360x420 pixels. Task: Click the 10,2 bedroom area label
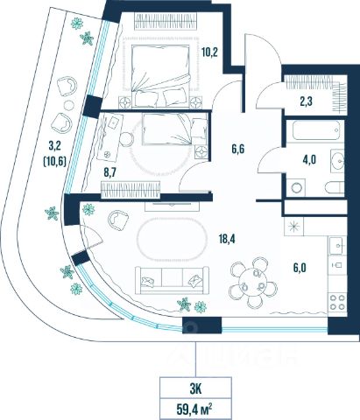coord(209,52)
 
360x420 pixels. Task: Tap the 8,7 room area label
coord(110,172)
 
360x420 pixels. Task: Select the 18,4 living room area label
coord(227,239)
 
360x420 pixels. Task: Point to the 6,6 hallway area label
coord(237,150)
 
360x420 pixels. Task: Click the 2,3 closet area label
coord(306,101)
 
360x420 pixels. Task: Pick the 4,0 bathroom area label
coord(309,160)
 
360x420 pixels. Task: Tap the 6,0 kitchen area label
coord(300,268)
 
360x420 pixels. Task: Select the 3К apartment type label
coord(195,389)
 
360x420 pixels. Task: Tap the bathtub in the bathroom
coord(316,131)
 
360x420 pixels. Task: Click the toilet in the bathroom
coord(335,187)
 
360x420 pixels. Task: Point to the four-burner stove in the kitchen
coord(337,302)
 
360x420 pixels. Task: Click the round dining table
coord(253,283)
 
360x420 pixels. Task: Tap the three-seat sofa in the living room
coord(172,280)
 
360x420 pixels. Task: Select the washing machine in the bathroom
coord(295,187)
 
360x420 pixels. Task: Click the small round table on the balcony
coord(69,105)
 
